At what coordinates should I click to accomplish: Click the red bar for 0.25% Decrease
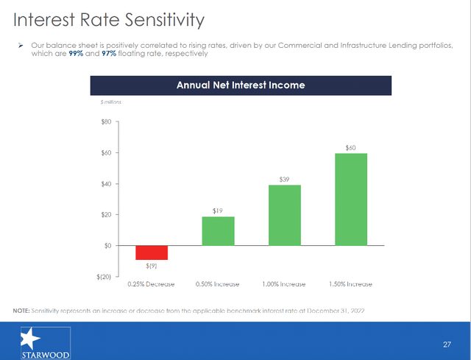click(x=152, y=253)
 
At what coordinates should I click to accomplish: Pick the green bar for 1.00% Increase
click(x=285, y=215)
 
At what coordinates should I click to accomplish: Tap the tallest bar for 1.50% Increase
click(x=351, y=199)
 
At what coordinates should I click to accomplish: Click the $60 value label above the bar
click(x=351, y=148)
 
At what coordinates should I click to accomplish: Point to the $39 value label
click(x=285, y=180)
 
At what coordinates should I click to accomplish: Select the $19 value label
click(x=218, y=211)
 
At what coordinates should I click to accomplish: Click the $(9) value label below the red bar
click(x=152, y=266)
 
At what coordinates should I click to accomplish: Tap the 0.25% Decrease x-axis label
click(x=152, y=284)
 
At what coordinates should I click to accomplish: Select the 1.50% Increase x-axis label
click(x=351, y=284)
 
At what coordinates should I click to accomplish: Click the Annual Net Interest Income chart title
click(x=240, y=85)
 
